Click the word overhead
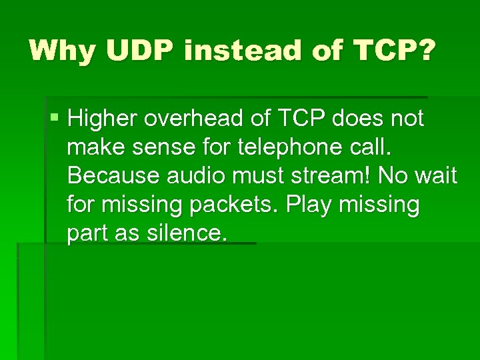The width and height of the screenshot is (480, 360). click(x=189, y=119)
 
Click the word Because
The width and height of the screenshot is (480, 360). click(x=111, y=177)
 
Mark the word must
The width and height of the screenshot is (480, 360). click(x=251, y=177)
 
